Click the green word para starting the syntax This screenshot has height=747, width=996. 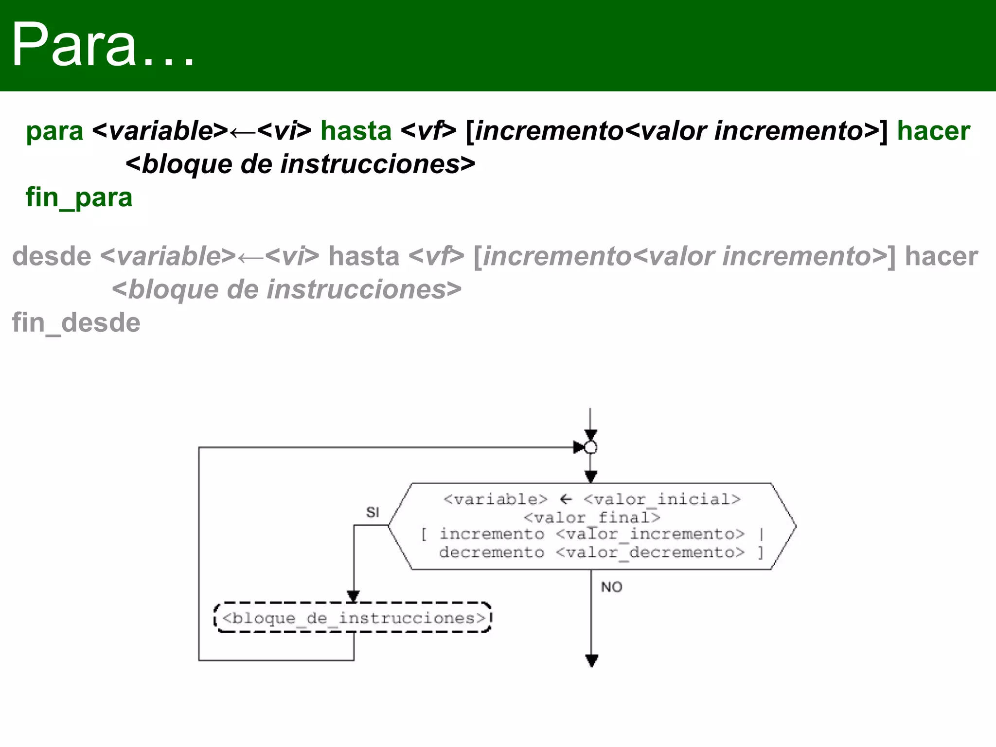[x=54, y=131]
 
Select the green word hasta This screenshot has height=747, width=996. [x=356, y=131]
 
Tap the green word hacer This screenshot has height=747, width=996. [x=933, y=131]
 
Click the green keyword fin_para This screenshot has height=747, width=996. [x=79, y=197]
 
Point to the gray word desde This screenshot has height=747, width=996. [x=52, y=256]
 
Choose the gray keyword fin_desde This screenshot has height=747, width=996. [x=76, y=323]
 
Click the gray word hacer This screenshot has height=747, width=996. [x=941, y=256]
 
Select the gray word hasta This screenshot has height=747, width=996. [x=364, y=256]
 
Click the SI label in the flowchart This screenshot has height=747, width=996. [x=373, y=512]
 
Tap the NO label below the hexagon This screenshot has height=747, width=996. [x=611, y=587]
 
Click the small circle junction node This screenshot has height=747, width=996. [x=590, y=447]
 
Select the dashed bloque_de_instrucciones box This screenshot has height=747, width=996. [x=353, y=618]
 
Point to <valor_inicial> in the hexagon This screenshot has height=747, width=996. [x=662, y=499]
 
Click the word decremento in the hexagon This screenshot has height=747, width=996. [x=492, y=552]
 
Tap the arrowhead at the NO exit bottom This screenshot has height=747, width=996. [x=591, y=660]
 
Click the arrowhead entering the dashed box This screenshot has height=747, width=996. [x=354, y=596]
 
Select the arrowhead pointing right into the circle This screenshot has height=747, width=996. [x=579, y=447]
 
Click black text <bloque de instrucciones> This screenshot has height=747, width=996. [x=300, y=164]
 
